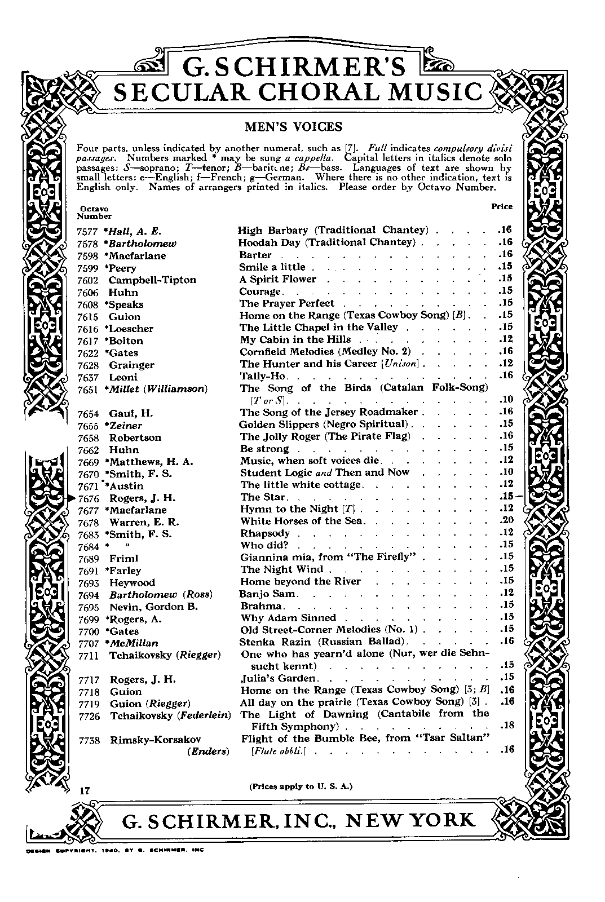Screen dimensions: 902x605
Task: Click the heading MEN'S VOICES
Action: (x=293, y=127)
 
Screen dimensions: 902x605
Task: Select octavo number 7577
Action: (x=87, y=231)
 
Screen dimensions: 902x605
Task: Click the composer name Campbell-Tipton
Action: (x=152, y=280)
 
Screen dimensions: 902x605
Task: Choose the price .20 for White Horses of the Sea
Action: (x=507, y=521)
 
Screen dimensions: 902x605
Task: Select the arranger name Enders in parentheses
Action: (x=208, y=751)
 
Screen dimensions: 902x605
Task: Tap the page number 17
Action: (x=85, y=791)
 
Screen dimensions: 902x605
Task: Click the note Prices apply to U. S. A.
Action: (x=301, y=786)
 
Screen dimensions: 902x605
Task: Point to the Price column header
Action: (x=502, y=206)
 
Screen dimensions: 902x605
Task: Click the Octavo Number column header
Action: (x=94, y=213)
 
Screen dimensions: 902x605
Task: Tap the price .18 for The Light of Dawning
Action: (x=507, y=726)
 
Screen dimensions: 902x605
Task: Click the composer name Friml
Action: (x=123, y=558)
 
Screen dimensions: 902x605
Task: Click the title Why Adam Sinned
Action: (x=288, y=618)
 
